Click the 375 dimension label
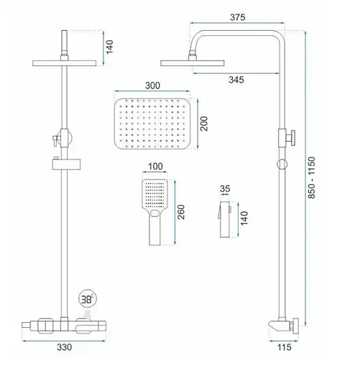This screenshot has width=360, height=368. click(237, 17)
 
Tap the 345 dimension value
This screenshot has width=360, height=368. click(236, 80)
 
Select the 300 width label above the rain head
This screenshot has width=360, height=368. click(152, 86)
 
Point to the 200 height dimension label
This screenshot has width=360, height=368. click(204, 124)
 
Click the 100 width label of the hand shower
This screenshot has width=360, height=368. click(155, 166)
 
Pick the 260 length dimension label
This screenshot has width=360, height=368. click(181, 212)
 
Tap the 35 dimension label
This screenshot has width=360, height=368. click(225, 189)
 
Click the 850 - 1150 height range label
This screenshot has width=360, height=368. click(311, 178)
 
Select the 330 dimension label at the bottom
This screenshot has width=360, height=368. click(64, 347)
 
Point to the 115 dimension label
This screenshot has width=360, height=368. click(285, 347)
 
